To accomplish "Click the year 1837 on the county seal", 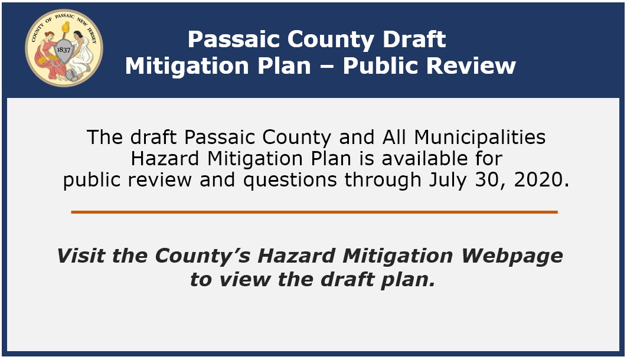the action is [64, 50].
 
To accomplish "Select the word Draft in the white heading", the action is [414, 39].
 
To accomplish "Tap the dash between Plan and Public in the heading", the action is [327, 67].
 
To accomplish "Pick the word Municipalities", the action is [480, 138].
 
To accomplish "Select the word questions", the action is [290, 181].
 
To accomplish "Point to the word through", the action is [383, 180].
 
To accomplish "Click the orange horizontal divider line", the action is [314, 212].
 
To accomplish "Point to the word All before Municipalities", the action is [394, 138].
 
